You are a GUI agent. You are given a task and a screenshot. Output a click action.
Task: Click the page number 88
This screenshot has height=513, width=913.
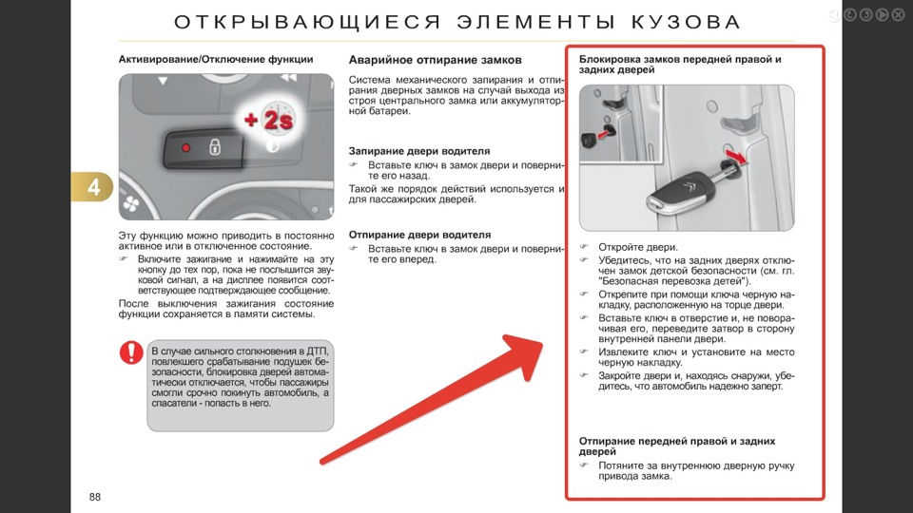95,498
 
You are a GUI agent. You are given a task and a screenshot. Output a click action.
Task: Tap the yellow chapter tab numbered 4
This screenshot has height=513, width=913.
93,187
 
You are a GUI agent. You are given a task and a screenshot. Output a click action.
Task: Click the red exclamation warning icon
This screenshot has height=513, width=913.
131,353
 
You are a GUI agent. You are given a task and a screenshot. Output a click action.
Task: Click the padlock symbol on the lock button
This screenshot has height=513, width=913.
215,147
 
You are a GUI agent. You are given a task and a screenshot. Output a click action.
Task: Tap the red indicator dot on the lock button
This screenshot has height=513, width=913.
186,148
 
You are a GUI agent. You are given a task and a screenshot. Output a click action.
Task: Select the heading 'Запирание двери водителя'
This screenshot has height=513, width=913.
419,150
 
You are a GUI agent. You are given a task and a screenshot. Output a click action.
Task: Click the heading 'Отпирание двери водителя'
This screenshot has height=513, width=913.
419,234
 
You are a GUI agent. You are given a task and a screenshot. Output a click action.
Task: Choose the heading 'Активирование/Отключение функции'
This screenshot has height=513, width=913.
216,59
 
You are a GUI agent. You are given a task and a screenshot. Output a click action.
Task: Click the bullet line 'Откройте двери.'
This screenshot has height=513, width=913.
637,247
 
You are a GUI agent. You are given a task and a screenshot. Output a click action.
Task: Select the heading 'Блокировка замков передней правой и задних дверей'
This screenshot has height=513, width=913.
679,65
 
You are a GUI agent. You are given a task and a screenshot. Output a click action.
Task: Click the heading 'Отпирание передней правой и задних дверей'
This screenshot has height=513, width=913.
676,446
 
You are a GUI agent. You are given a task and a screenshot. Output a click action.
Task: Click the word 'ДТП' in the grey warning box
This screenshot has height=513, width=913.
316,351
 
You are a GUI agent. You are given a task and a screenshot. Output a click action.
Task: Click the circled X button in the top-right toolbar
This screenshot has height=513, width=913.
897,14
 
